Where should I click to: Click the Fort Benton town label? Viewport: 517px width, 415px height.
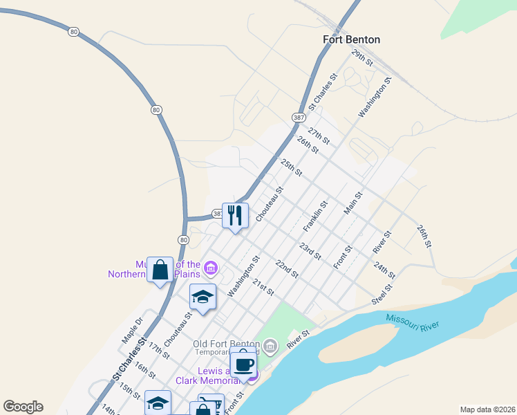pos(351,39)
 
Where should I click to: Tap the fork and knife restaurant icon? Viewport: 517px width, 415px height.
pos(235,215)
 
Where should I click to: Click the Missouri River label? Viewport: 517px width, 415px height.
pos(413,322)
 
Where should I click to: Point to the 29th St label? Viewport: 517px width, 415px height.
pos(361,57)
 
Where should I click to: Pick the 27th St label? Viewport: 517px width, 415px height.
pos(319,136)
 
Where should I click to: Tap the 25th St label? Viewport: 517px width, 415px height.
pos(291,167)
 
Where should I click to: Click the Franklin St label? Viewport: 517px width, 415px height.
pos(314,217)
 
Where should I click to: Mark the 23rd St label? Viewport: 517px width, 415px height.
pos(310,251)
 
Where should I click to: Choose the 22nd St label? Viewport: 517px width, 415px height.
pos(285,269)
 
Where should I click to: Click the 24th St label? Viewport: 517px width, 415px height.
pos(384,270)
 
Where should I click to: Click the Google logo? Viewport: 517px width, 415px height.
pos(23,407)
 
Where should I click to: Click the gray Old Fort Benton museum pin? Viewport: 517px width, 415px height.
pos(270,345)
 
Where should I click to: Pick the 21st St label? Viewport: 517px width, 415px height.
pos(263,287)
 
